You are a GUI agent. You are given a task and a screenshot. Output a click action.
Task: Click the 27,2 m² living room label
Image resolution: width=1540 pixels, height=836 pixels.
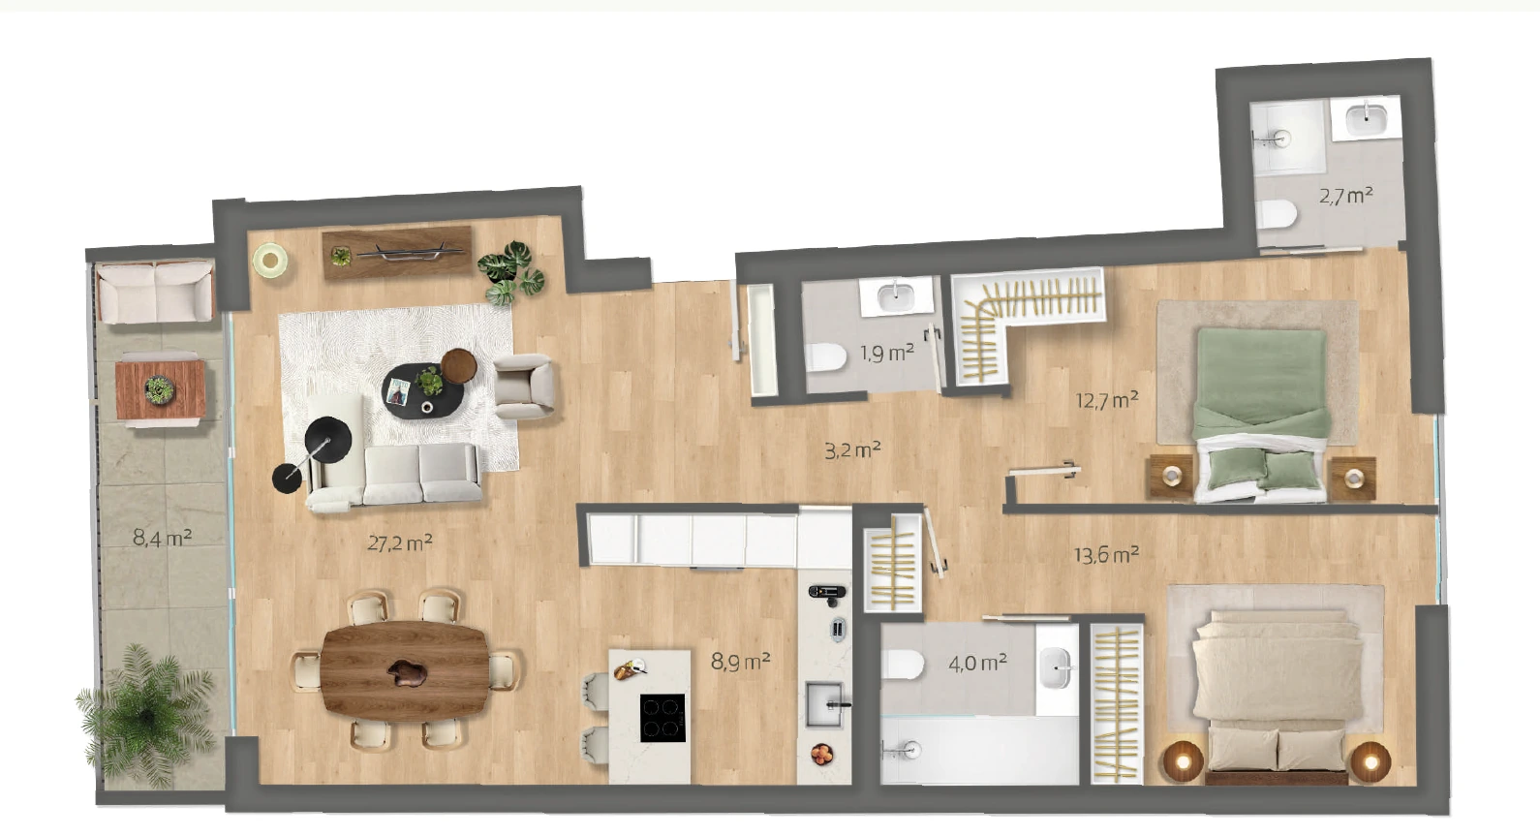pos(399,543)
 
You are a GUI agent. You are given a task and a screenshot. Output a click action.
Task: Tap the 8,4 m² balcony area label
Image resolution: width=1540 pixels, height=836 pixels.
pos(162,538)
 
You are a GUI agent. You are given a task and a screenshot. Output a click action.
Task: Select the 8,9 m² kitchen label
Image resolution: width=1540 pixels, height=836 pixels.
pos(740,662)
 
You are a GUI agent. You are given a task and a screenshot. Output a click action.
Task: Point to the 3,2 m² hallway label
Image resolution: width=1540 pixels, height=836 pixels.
pos(852,450)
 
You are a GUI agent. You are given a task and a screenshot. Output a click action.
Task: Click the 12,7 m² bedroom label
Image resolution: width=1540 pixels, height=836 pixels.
pos(1107,400)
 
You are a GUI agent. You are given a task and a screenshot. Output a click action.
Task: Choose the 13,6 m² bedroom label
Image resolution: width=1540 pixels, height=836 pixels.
pos(1106,554)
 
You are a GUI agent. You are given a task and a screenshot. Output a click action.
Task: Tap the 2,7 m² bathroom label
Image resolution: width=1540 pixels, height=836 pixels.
pos(1346,196)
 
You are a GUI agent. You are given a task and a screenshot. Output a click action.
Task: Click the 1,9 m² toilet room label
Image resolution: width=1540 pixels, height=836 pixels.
pos(887,354)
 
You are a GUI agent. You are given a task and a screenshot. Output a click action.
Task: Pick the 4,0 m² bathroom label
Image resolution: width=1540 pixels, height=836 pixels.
pos(977,664)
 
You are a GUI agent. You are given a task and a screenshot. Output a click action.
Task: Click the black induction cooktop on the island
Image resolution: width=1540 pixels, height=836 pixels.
pos(662,718)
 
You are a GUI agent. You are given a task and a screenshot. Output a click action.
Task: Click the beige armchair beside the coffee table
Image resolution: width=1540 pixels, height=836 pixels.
pos(524,386)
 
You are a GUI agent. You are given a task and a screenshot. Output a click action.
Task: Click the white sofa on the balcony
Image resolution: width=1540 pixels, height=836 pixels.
pos(155,292)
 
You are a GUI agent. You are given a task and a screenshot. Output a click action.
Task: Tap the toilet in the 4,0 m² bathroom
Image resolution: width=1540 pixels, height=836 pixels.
pos(903,665)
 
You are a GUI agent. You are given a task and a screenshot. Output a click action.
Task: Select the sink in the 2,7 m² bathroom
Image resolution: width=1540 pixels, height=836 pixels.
pos(1366,119)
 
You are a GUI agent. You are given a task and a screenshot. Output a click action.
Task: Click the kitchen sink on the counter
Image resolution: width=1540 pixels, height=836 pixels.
pos(824,704)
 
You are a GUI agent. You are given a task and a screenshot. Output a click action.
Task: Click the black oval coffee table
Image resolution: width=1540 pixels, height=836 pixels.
pos(423,389)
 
